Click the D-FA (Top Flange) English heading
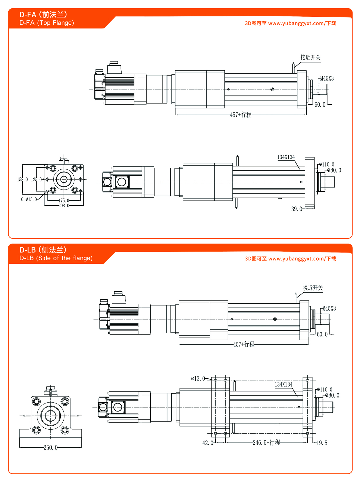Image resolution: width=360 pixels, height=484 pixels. [x=47, y=23]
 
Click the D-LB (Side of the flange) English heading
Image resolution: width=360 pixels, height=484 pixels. [x=56, y=258]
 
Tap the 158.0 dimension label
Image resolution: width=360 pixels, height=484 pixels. [x=22, y=179]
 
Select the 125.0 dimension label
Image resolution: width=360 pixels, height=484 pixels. [x=36, y=179]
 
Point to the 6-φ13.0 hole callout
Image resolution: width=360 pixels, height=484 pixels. [x=29, y=199]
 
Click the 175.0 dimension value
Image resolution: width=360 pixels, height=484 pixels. [x=64, y=200]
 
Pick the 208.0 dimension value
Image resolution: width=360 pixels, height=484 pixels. [x=64, y=206]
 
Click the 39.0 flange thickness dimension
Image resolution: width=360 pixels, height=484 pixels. [x=296, y=209]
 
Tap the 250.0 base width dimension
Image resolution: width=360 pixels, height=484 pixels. [x=50, y=448]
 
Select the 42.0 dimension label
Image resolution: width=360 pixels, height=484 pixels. [x=207, y=443]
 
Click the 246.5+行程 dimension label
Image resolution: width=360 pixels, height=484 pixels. [x=266, y=443]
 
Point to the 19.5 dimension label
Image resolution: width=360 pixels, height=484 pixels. [x=322, y=443]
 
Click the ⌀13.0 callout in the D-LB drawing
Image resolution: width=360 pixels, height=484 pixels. [x=198, y=379]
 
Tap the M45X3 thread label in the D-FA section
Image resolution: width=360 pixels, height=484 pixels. [x=327, y=79]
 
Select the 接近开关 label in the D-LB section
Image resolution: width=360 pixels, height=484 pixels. [x=313, y=288]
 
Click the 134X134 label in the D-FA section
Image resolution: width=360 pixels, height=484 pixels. [x=286, y=157]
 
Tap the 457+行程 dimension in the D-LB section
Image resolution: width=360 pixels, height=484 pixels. [x=244, y=345]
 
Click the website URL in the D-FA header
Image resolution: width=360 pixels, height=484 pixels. [x=296, y=24]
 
